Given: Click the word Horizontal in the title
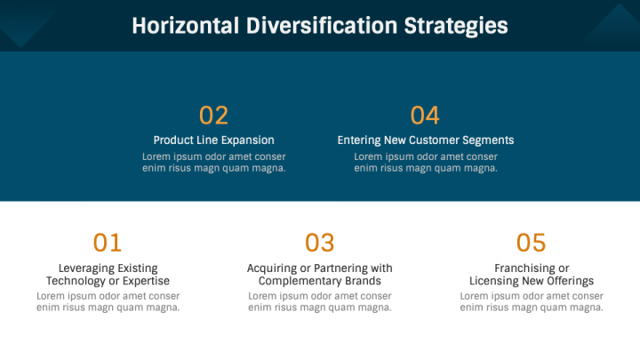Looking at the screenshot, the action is click(x=185, y=26).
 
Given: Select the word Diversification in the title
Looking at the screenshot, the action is click(x=322, y=26).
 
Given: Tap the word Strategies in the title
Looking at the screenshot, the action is click(x=456, y=27).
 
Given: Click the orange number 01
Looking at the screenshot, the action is click(x=108, y=243).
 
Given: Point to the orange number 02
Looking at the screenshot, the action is click(x=213, y=115).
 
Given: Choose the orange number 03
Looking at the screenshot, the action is click(x=320, y=243).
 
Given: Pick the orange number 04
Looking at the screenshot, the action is click(x=425, y=115).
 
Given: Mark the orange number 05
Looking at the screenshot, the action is click(x=531, y=243).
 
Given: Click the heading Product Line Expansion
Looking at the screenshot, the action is click(x=214, y=140).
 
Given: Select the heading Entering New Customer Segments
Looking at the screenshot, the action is click(x=426, y=140).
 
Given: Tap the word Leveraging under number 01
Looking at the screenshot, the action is click(x=82, y=268).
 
